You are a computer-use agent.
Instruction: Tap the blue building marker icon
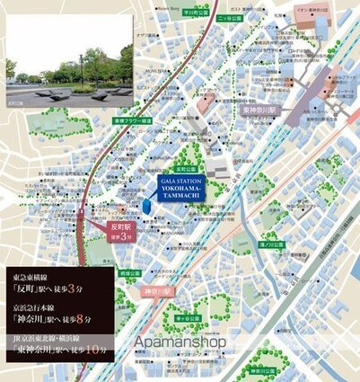tap(147, 207)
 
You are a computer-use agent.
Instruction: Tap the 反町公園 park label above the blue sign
tap(187, 168)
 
